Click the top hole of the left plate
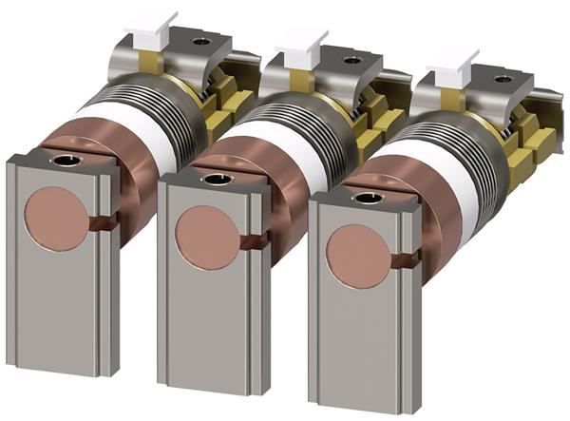[66, 163]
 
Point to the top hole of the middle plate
[217, 179]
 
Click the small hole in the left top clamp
[200, 42]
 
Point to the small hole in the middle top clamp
[351, 60]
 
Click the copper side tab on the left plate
[104, 222]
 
